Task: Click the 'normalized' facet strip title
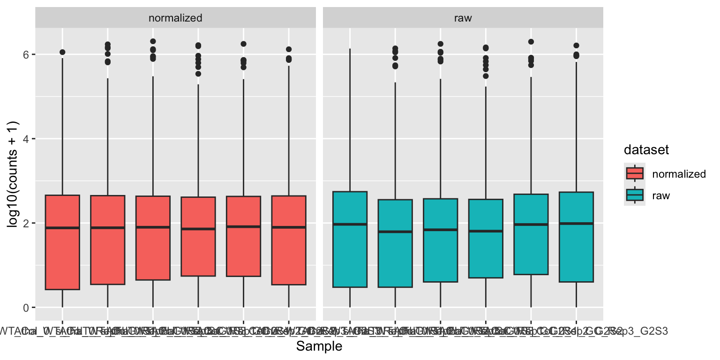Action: [175, 18]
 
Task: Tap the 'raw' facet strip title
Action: [463, 18]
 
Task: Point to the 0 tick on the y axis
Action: [26, 307]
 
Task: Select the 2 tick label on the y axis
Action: [26, 223]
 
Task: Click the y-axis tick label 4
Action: [26, 139]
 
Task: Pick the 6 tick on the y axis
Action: [26, 54]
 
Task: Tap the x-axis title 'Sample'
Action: [319, 346]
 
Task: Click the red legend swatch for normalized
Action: [635, 174]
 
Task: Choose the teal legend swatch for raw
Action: [635, 195]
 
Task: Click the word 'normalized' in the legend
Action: [679, 174]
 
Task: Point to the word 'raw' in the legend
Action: [661, 195]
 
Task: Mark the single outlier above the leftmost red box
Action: [62, 52]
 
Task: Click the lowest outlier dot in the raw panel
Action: [486, 76]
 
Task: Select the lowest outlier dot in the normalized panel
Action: [198, 74]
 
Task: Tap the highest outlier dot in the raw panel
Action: [531, 42]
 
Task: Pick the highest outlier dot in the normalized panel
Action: [153, 41]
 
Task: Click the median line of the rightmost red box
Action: [289, 227]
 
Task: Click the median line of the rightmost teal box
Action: [576, 224]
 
